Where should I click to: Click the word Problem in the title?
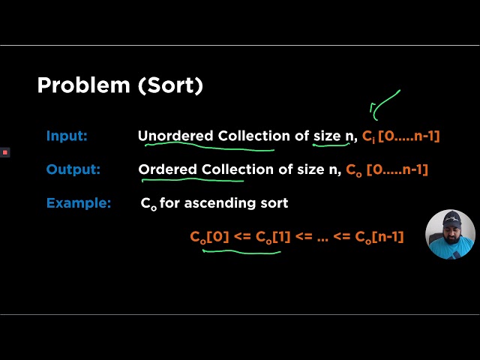tap(83, 85)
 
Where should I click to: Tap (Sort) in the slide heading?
tap(170, 85)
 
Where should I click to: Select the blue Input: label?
tap(67, 136)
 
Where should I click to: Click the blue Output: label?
tap(73, 169)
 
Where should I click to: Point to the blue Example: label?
tap(78, 203)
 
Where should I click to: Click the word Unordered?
tap(175, 136)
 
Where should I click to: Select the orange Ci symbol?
tap(367, 137)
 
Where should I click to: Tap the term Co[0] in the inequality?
tap(209, 237)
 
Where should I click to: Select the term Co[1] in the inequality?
tap(274, 237)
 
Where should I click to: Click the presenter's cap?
tap(451, 218)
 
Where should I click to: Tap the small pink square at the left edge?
tap(4, 152)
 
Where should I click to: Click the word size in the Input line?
tap(327, 136)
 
